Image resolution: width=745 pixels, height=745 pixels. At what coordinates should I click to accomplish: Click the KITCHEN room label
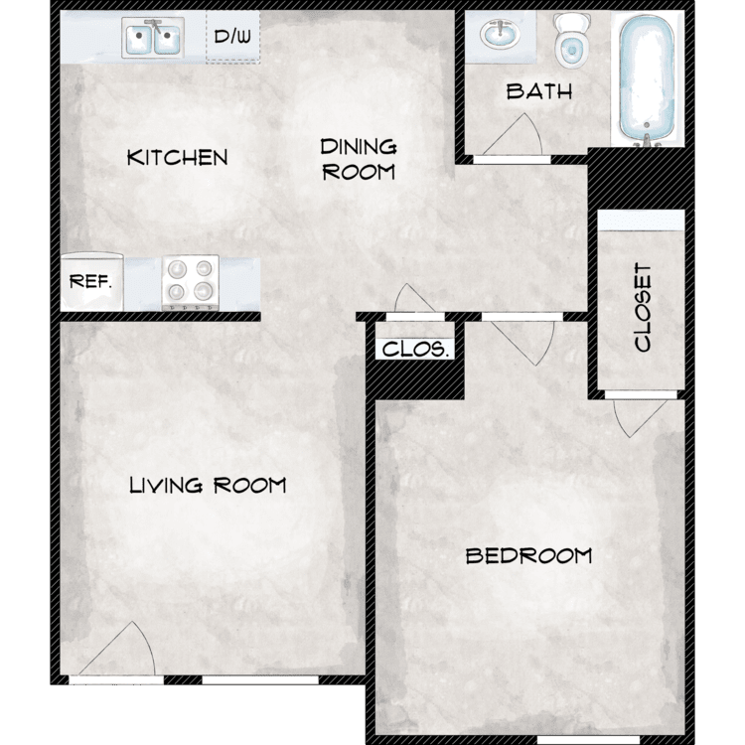tap(177, 157)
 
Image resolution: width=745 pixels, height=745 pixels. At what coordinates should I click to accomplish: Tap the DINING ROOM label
tap(359, 160)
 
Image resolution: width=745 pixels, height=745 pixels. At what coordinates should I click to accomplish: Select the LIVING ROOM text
tap(208, 485)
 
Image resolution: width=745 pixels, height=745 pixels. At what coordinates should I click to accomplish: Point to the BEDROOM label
tap(528, 555)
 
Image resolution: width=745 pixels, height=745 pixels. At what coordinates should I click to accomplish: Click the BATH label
tap(538, 91)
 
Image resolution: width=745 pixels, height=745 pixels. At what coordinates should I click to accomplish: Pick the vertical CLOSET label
tap(643, 307)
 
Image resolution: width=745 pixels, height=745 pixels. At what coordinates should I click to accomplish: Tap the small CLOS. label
tap(415, 350)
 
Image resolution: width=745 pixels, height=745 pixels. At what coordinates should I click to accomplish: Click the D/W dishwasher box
tap(232, 37)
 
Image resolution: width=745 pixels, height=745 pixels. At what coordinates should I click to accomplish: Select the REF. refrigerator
tap(91, 281)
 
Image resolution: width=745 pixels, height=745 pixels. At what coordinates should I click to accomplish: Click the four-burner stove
tap(191, 283)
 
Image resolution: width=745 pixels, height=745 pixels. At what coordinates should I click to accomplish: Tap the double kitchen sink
tap(153, 38)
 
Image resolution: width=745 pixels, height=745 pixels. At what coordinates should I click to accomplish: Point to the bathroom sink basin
tap(500, 34)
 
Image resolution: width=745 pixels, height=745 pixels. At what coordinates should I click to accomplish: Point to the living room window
tap(260, 679)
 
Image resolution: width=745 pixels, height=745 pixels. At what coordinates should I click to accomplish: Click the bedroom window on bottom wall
tap(588, 740)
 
